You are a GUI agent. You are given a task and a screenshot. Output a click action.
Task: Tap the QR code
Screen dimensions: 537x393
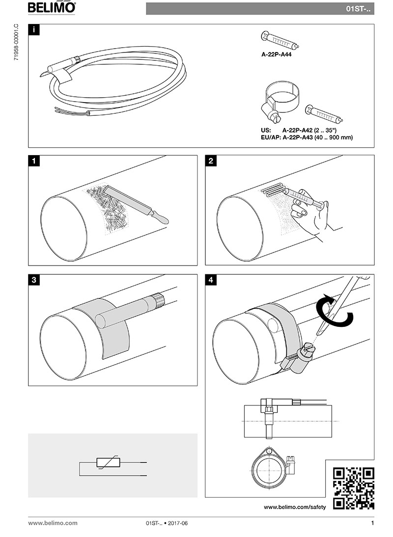[353, 488]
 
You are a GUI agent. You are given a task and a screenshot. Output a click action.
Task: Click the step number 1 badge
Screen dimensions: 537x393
[33, 161]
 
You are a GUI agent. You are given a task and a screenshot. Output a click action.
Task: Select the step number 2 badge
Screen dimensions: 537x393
[210, 161]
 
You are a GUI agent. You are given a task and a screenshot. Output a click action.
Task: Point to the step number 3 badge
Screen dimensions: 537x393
[33, 280]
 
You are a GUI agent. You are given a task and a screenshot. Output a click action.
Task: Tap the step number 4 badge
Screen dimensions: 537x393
[210, 280]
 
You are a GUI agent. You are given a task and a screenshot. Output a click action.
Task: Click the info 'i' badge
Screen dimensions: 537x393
[33, 29]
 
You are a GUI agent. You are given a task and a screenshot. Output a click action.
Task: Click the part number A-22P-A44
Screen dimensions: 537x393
[277, 56]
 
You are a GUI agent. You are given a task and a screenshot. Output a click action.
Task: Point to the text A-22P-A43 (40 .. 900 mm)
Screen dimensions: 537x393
[318, 138]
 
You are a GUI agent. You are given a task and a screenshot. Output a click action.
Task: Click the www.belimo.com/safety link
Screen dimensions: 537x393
[295, 507]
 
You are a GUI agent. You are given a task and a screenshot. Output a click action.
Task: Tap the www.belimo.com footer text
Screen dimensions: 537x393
[53, 523]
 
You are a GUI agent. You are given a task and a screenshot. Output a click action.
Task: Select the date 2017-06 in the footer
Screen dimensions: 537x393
[178, 523]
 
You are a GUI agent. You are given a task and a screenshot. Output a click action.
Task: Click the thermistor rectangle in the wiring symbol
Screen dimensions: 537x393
[107, 462]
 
